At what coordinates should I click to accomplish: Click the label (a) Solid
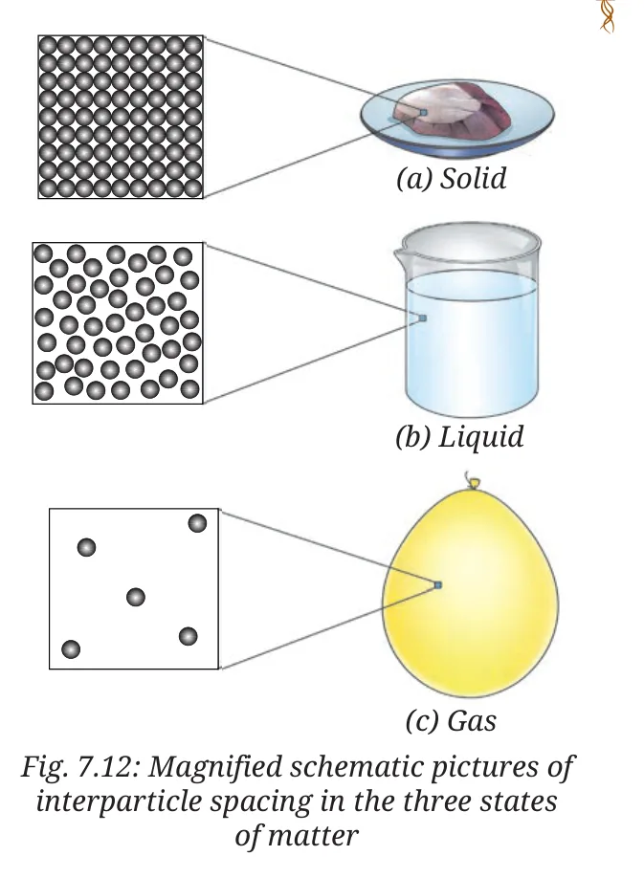point(452,179)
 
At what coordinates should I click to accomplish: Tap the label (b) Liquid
point(459,437)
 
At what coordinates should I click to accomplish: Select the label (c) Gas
point(451,720)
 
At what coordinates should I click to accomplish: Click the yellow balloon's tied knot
point(474,482)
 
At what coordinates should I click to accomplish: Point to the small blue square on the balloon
point(438,585)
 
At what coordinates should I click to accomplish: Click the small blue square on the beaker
point(423,318)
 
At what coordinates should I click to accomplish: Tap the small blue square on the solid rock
point(423,113)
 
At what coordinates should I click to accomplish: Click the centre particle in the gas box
point(136,597)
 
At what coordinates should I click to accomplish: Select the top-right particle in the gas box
point(197,523)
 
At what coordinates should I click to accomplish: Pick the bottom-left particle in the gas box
point(71,649)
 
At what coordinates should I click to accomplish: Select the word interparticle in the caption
point(119,801)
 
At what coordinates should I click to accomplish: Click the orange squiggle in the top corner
point(608,15)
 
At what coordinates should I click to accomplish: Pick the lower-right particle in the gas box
point(189,637)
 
